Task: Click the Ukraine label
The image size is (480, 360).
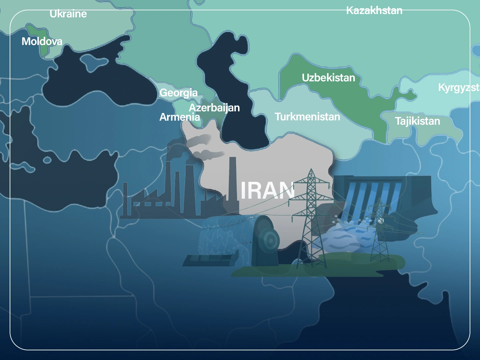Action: point(68,14)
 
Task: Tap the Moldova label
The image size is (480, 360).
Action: point(42,41)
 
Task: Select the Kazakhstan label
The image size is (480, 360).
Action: point(374,11)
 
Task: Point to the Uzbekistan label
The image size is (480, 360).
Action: point(328,78)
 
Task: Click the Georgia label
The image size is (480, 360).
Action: point(178,93)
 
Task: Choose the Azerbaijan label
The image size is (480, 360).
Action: point(214,108)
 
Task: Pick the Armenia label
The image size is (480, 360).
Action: point(179,117)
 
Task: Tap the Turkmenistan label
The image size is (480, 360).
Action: point(307,117)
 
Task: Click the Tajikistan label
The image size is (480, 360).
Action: point(417,121)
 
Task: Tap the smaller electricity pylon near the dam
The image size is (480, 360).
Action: point(379,230)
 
